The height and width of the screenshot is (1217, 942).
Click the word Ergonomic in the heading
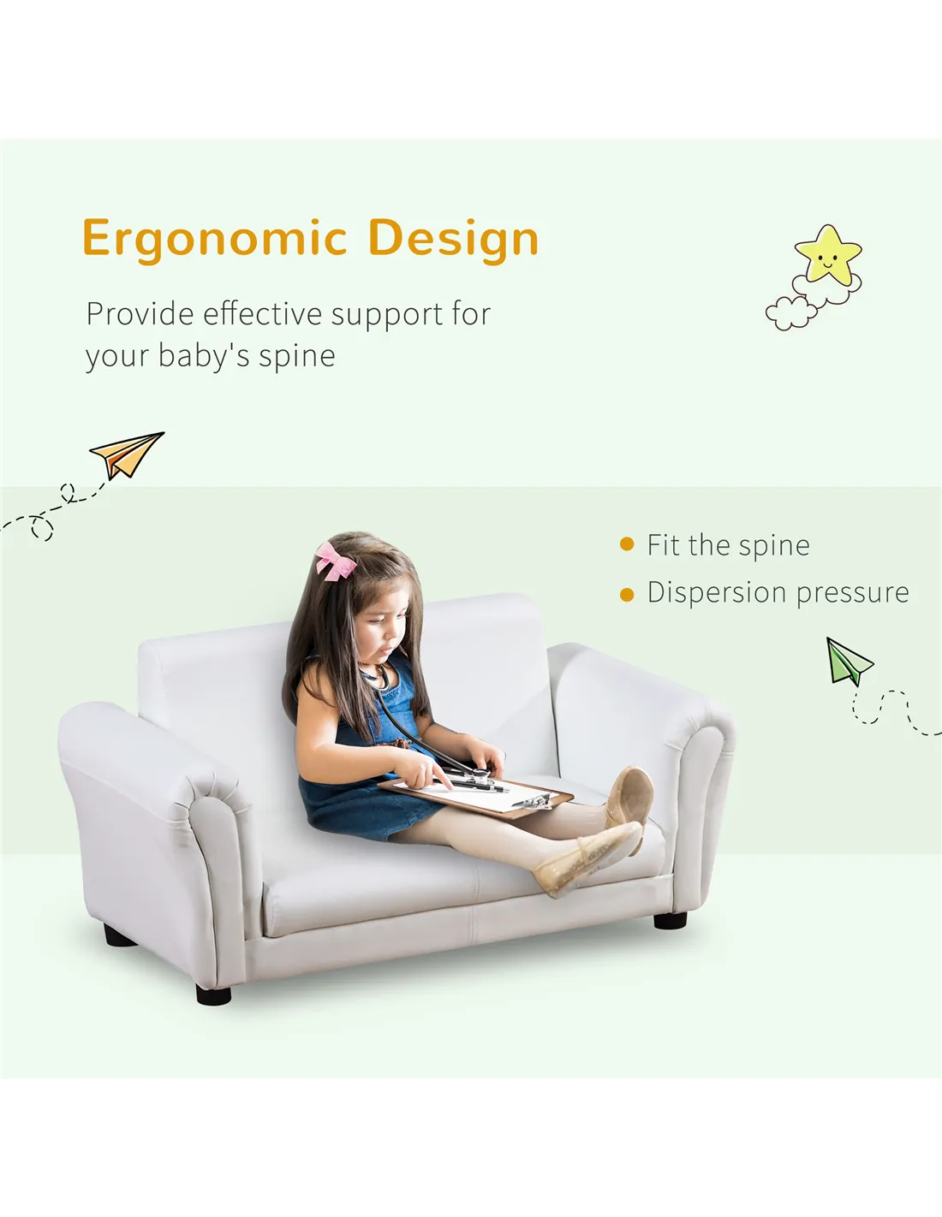coord(215,240)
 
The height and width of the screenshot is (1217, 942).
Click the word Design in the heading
coord(453,240)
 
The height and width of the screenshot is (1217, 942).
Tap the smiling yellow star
coord(828,254)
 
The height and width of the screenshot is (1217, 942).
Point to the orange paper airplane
coord(127,454)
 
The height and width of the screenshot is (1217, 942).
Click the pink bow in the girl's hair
coord(335,560)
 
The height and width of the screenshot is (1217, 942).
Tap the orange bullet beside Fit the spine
coord(627,544)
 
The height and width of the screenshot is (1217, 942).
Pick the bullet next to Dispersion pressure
coord(627,594)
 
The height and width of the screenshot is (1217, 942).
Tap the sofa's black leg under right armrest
coord(670,920)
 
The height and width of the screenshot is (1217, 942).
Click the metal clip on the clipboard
coord(533,801)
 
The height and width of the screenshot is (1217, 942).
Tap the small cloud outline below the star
coord(790,313)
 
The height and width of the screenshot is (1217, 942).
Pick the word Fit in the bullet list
coord(664,544)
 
